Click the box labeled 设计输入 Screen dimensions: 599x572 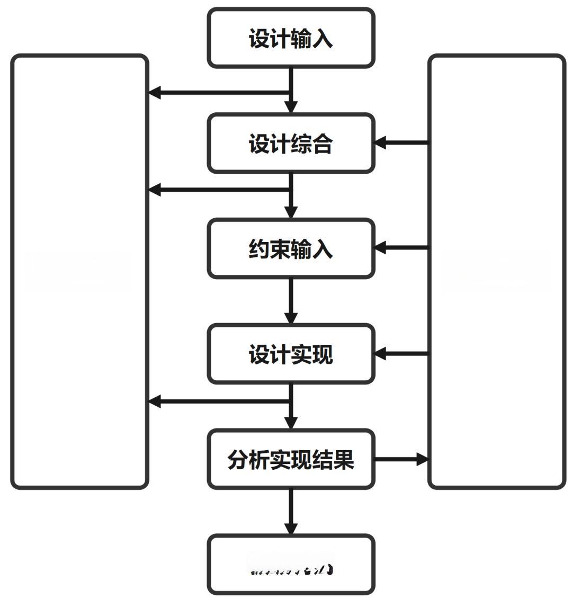tap(291, 38)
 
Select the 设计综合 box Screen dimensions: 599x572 tap(291, 143)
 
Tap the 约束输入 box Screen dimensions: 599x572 tap(291, 248)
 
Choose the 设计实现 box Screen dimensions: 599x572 tap(291, 354)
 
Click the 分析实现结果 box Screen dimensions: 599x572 tap(291, 459)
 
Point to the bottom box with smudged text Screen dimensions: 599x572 tap(291, 565)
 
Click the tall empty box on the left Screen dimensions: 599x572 tap(79, 271)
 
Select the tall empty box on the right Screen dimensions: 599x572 tap(496, 271)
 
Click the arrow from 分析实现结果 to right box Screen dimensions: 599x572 tap(403, 459)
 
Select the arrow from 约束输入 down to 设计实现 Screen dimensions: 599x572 tap(291, 300)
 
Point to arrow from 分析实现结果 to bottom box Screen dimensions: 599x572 tap(291, 511)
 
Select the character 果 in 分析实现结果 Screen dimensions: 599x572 tap(344, 459)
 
